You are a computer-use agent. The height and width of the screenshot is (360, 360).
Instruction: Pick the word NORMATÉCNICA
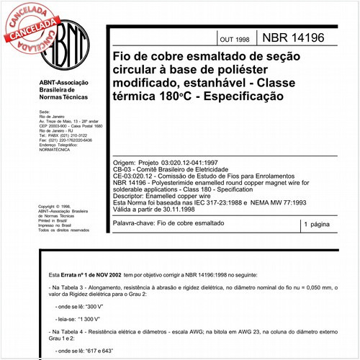[x=57, y=150]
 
